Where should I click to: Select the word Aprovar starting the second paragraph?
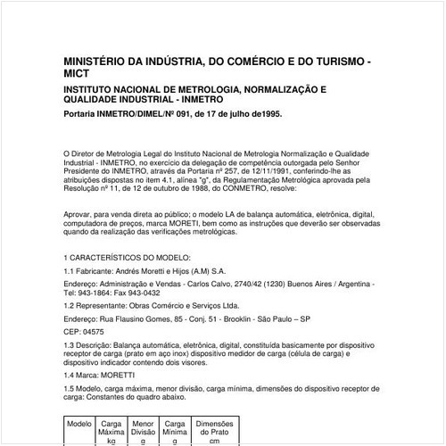[x=79, y=216]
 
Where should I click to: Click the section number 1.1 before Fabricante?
[x=71, y=270]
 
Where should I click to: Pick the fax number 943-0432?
[x=144, y=293]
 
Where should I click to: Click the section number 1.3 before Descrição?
[x=71, y=344]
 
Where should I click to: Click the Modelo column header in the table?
[x=80, y=424]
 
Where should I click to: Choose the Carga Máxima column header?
[x=112, y=429]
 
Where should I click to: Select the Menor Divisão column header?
[x=144, y=429]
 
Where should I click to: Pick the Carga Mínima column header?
[x=176, y=429]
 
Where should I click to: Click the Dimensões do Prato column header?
[x=214, y=429]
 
